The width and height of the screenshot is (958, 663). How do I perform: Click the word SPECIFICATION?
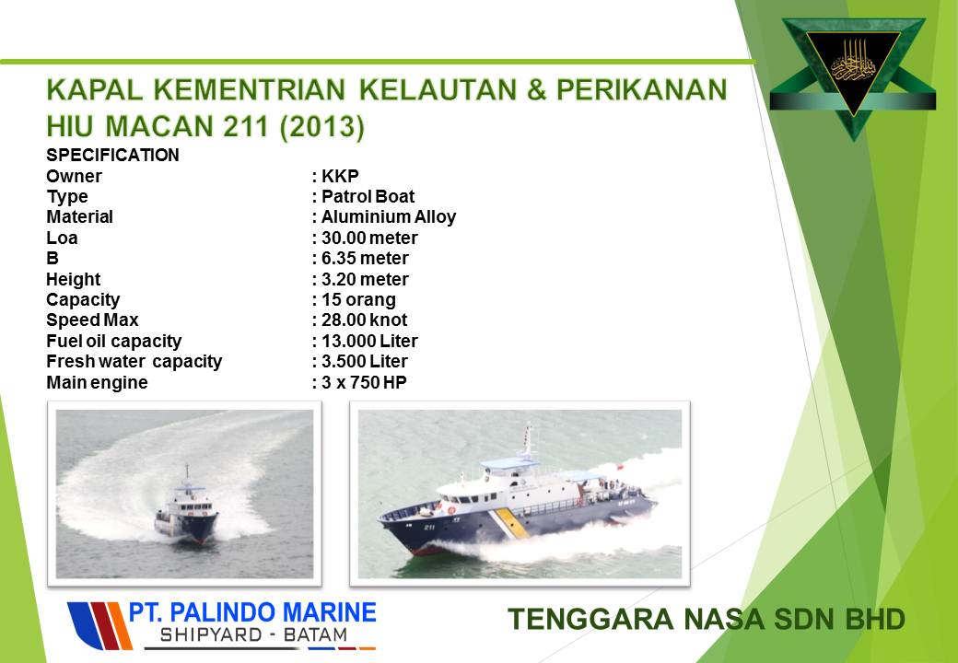tap(113, 155)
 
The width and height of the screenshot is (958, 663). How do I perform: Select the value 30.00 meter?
tap(369, 238)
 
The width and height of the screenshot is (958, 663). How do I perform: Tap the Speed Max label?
tap(92, 320)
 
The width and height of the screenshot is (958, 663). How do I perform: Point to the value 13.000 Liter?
tap(369, 341)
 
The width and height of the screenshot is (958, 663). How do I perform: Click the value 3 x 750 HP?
tap(364, 382)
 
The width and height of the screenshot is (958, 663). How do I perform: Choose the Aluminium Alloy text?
tap(389, 216)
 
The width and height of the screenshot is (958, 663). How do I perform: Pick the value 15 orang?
tap(358, 300)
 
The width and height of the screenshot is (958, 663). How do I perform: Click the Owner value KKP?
tap(340, 176)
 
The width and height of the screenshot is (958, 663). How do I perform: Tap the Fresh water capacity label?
tap(134, 361)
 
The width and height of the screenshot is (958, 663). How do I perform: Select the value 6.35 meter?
tap(365, 258)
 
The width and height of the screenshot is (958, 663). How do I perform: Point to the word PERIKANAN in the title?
tap(641, 89)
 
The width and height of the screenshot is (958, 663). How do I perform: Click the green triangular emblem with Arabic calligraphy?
tap(853, 74)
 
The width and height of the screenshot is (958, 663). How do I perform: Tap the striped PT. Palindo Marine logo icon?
tap(99, 626)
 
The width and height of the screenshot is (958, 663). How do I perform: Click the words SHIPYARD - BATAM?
tap(253, 635)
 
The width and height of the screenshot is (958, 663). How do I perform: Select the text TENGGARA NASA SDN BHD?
tap(707, 619)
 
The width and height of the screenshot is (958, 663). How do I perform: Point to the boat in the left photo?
tap(186, 510)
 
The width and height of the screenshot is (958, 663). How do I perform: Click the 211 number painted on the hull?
tap(429, 527)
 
